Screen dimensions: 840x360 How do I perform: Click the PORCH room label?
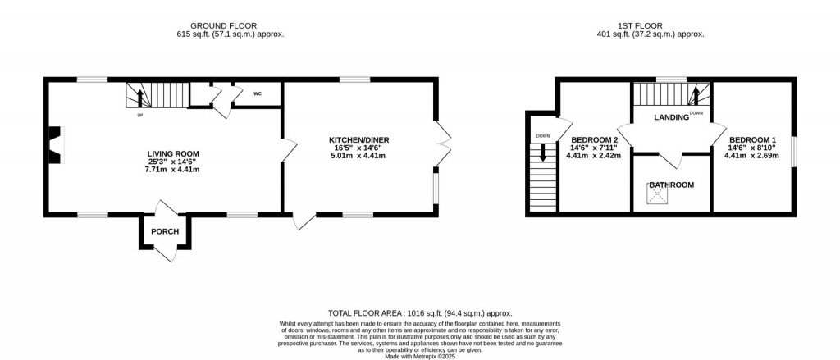click(x=164, y=231)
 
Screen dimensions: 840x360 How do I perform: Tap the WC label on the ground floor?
click(x=257, y=93)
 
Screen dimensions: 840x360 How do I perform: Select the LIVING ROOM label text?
click(x=169, y=153)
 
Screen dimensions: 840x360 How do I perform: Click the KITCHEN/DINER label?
click(x=359, y=140)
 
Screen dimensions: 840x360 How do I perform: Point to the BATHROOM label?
click(x=672, y=185)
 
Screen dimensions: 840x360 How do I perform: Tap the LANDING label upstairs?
click(x=671, y=117)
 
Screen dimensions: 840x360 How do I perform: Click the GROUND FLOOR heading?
click(x=224, y=25)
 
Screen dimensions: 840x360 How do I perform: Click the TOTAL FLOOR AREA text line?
click(x=420, y=313)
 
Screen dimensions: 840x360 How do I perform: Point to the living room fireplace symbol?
click(x=57, y=144)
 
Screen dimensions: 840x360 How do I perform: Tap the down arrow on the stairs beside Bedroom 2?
click(x=544, y=152)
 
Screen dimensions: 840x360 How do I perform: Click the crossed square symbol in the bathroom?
click(x=655, y=195)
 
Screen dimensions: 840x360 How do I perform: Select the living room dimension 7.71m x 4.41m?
click(x=169, y=169)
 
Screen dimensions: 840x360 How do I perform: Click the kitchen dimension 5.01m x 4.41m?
click(x=359, y=156)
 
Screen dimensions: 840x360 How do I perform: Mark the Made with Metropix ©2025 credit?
click(x=420, y=356)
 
